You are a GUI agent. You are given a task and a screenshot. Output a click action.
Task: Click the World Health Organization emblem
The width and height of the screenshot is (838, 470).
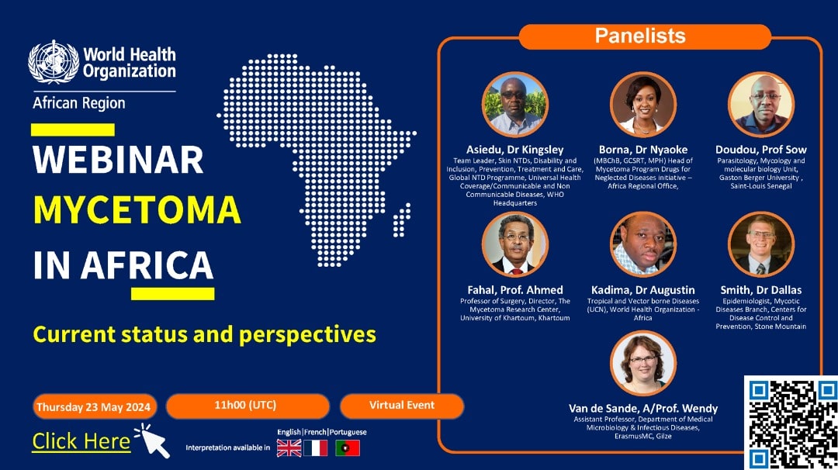click(54, 62)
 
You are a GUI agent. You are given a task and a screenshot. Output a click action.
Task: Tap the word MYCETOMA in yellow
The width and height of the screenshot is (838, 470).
click(137, 210)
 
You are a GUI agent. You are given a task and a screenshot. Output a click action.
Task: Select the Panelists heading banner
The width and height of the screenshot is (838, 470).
click(645, 36)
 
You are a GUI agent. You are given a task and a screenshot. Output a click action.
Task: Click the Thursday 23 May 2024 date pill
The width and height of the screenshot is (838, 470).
click(95, 407)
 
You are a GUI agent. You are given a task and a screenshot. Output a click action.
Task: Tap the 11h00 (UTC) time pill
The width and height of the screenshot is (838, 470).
click(248, 406)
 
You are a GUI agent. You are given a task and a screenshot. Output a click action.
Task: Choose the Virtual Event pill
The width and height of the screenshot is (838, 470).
click(402, 406)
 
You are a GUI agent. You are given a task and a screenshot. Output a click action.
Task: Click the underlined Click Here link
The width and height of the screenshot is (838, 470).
click(81, 442)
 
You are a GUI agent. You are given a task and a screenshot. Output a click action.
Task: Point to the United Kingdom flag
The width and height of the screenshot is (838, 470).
click(289, 448)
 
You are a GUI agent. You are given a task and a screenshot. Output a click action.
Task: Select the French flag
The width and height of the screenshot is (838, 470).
click(315, 448)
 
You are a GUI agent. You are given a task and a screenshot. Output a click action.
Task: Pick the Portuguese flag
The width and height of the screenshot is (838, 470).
click(348, 448)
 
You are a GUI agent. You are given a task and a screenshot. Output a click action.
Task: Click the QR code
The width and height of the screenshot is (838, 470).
click(791, 423)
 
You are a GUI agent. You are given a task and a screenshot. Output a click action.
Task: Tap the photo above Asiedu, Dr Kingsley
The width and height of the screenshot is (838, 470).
click(514, 105)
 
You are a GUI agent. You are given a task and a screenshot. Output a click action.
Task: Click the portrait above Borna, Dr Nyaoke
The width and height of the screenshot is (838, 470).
click(643, 105)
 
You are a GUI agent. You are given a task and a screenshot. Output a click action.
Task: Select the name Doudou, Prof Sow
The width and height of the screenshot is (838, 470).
click(761, 150)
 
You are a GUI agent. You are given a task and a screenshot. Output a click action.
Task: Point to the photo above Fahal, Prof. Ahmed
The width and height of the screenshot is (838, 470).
click(514, 244)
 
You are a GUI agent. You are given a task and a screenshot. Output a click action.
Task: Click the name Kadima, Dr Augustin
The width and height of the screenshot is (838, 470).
click(643, 290)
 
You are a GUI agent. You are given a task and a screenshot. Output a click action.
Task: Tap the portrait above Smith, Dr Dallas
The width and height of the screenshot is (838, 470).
click(761, 244)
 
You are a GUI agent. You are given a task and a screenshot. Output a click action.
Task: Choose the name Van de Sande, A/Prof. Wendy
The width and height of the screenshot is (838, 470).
click(643, 409)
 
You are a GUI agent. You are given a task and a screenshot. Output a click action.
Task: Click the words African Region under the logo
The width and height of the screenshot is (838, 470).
click(79, 103)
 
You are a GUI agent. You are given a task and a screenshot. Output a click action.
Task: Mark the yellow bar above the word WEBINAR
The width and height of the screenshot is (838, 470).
click(73, 130)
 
